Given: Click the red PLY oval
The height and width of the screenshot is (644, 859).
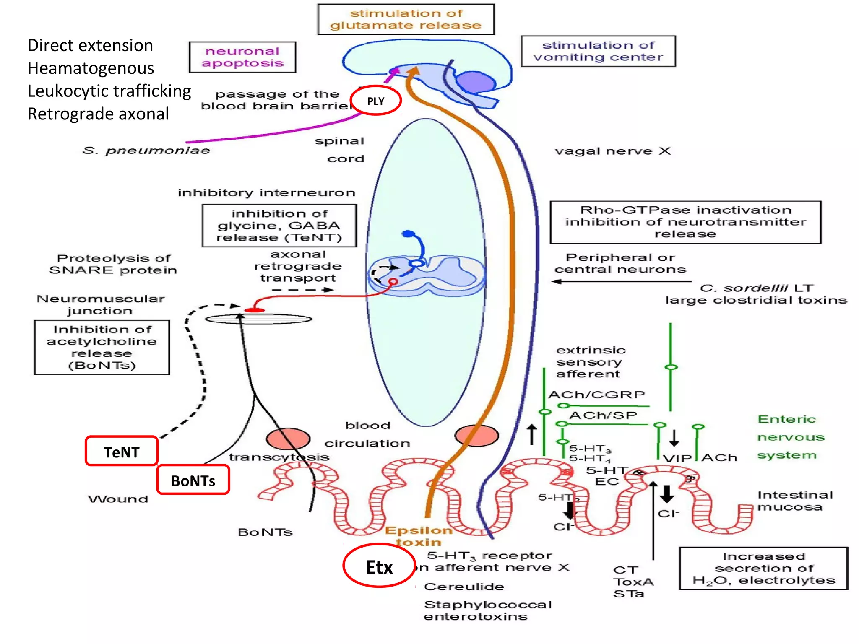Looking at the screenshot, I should point(375,101).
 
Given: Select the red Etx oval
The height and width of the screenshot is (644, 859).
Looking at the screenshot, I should point(379,567).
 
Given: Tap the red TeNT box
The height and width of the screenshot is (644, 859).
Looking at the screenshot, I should point(122,452).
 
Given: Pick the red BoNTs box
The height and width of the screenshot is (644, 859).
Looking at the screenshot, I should point(193,480).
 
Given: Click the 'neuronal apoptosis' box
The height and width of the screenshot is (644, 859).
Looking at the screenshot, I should point(242,57).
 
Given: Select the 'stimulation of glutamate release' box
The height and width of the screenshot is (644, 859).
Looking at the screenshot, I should point(406,19).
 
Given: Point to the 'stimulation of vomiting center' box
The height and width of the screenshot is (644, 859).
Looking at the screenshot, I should point(598,51).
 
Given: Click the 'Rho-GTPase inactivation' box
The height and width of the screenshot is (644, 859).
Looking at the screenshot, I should point(685,222).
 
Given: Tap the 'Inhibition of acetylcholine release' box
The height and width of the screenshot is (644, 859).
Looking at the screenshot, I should point(102,347).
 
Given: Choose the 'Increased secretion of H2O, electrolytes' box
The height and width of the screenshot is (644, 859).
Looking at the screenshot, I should point(763,568).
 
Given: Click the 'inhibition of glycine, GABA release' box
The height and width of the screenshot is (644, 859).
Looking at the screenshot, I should point(279,226).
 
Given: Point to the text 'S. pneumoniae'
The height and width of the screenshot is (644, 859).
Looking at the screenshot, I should point(146,150).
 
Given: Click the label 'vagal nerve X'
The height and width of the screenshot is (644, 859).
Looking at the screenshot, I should point(612,151).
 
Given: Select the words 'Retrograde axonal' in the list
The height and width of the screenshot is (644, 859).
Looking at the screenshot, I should point(98,114).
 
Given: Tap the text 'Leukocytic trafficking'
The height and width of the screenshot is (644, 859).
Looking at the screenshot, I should point(109,91).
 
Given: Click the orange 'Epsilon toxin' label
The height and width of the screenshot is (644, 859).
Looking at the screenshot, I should point(419,536).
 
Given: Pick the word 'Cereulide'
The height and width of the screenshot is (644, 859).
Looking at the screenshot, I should point(464,586).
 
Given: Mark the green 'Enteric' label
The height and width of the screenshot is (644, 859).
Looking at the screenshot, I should point(787,419).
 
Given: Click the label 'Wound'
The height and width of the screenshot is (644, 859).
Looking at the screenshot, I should point(118,499).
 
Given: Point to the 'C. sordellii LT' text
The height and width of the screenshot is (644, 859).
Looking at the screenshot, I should point(757,288).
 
